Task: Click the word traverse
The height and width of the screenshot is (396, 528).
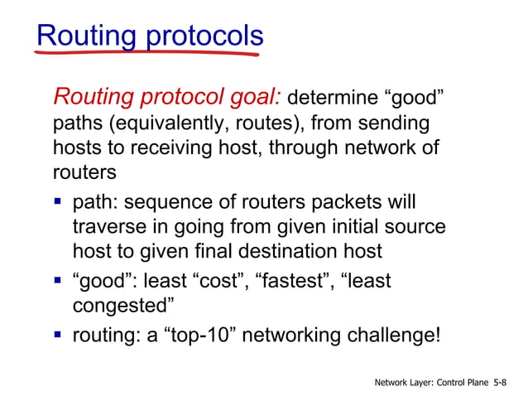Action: tap(108, 227)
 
